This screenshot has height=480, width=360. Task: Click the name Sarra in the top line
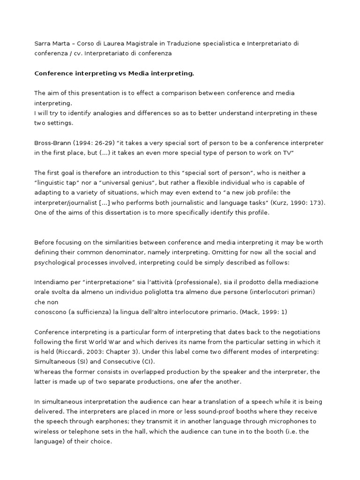(x=42, y=43)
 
